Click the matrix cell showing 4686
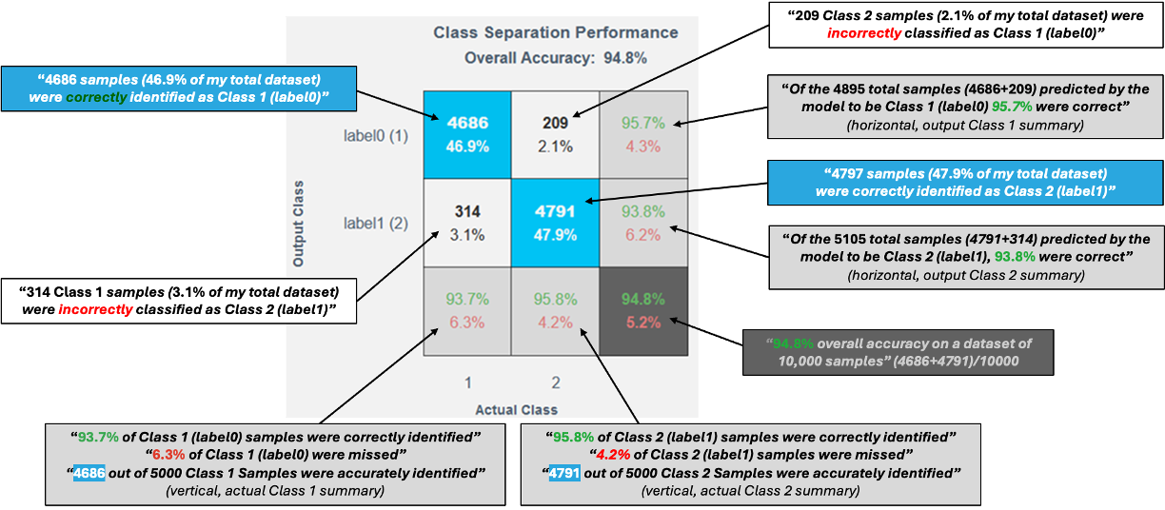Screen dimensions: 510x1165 466,134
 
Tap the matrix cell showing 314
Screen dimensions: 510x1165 466,223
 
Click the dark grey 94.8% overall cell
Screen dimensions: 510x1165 642,311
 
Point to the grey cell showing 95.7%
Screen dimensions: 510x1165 642,134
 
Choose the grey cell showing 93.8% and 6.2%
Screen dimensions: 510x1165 642,223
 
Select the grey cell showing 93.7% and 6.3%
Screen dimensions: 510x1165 466,311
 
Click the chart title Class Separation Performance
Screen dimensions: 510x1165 556,32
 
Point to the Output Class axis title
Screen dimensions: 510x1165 299,223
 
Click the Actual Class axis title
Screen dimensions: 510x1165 517,409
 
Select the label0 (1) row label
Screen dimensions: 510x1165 375,135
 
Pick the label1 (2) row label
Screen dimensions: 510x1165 375,224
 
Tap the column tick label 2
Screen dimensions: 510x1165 555,382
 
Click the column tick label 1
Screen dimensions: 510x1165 467,382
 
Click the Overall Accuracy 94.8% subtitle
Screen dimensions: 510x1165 556,58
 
